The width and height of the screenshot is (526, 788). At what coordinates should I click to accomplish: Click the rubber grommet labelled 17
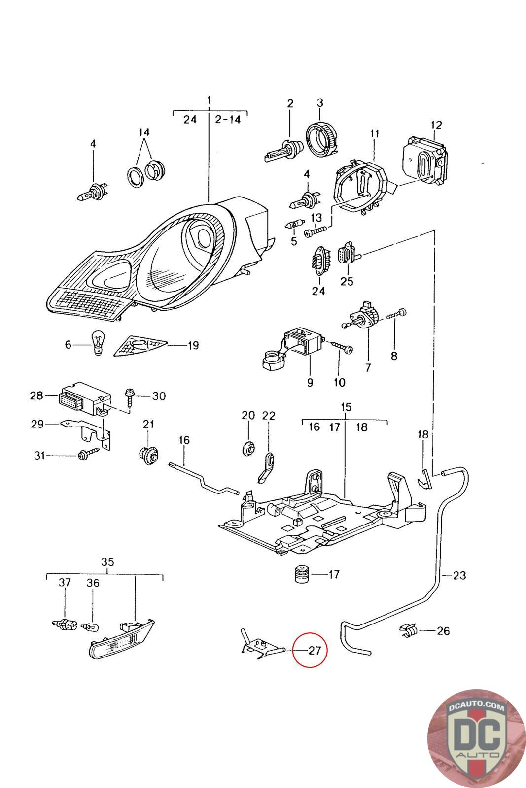(x=301, y=574)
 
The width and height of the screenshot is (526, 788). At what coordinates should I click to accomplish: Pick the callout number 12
(x=436, y=125)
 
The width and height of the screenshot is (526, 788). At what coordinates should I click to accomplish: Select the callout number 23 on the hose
(x=459, y=575)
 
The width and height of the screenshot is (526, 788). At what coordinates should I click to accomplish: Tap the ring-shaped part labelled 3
(x=321, y=138)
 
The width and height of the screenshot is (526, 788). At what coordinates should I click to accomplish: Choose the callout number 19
(x=193, y=345)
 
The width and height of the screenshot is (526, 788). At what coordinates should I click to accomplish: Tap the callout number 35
(x=107, y=562)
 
